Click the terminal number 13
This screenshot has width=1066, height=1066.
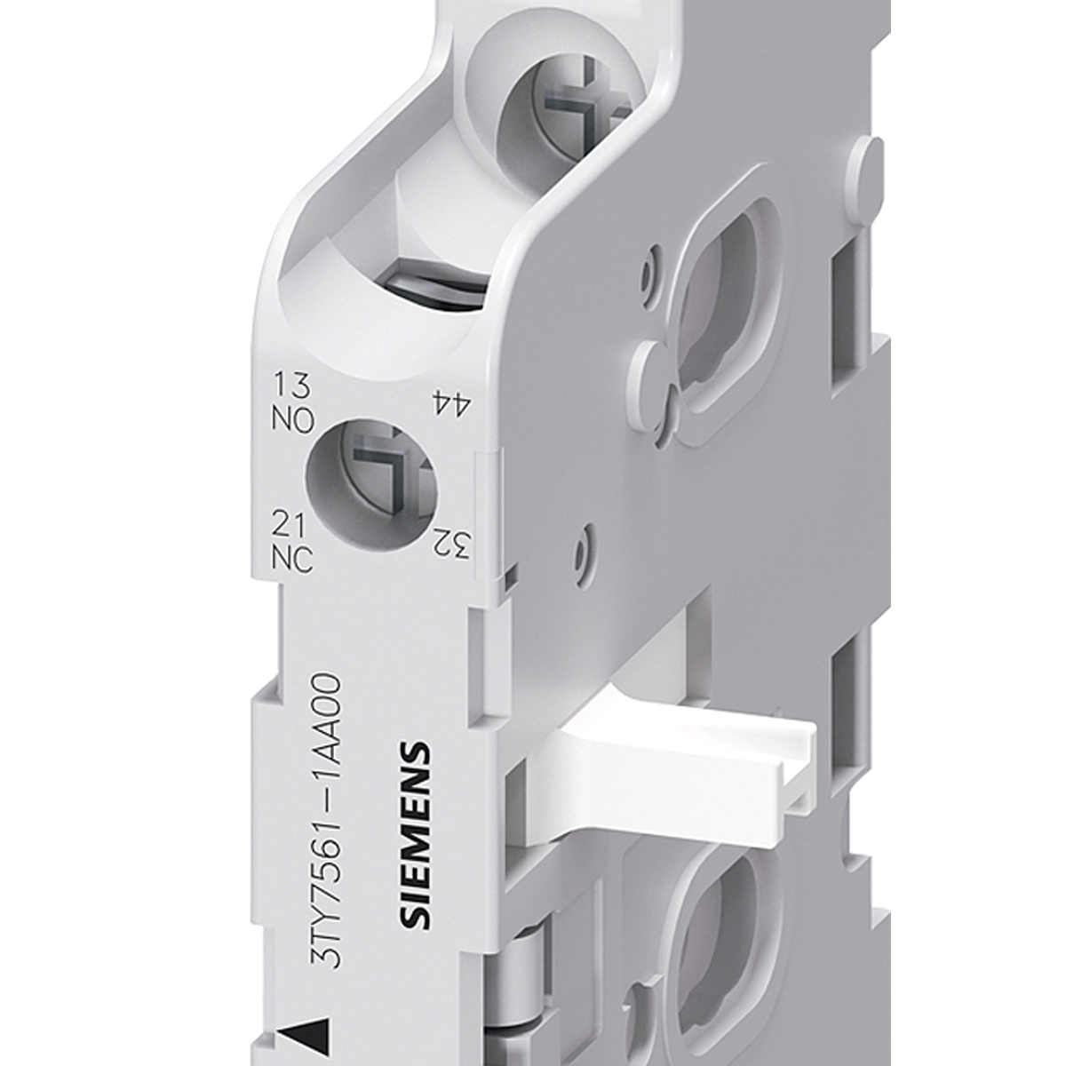(291, 386)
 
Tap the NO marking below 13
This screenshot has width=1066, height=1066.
(293, 420)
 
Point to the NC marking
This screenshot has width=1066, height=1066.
(292, 561)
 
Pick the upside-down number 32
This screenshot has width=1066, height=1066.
(451, 544)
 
